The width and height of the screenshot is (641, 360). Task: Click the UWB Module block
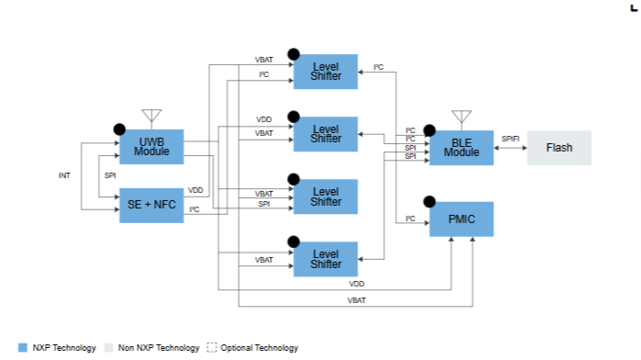pos(152,147)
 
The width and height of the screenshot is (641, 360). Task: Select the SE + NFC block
pos(152,205)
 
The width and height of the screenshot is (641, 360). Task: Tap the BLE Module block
pos(462,148)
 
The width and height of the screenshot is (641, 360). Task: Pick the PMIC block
pos(462,219)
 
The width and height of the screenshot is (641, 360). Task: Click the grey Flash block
pos(559,148)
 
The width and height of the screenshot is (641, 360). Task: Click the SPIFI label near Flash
pos(511,139)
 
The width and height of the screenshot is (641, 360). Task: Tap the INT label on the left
pos(64,175)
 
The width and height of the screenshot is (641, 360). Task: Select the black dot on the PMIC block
pos(429,201)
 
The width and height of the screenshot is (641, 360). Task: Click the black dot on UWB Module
pos(119,129)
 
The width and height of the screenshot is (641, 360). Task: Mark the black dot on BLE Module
pos(429,130)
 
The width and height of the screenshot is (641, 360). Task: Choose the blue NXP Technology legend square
pos(23,348)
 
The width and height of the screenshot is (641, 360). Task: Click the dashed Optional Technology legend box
pos(212,347)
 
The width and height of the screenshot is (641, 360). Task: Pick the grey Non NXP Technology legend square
pos(108,348)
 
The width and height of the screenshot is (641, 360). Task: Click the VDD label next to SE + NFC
pos(196,190)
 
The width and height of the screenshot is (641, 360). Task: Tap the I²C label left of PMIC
pos(410,219)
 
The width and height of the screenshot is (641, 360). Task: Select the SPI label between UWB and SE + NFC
pos(110,175)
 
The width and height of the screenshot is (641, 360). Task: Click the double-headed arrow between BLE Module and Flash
pos(511,148)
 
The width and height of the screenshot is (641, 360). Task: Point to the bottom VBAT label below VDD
pos(356,300)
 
